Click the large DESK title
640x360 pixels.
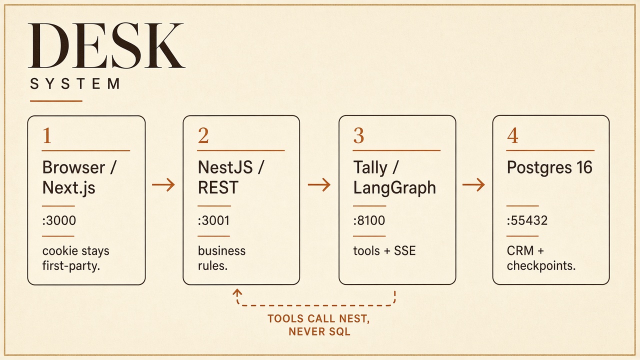click(x=106, y=45)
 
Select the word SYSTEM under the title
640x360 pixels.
click(x=75, y=84)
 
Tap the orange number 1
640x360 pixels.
click(x=47, y=135)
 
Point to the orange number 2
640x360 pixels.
click(x=203, y=135)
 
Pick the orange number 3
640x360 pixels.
click(x=358, y=135)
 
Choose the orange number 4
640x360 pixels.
click(x=512, y=135)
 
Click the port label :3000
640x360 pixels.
click(x=59, y=220)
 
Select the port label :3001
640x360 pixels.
click(x=213, y=220)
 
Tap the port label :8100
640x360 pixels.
click(x=369, y=220)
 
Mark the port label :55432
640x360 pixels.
click(x=527, y=220)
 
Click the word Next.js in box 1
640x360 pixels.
click(x=69, y=188)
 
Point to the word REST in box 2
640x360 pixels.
click(x=218, y=187)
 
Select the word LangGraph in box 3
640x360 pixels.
click(x=394, y=188)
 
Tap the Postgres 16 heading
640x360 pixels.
click(x=549, y=167)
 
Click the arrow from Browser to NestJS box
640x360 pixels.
click(x=163, y=185)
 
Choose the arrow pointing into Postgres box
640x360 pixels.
click(x=473, y=185)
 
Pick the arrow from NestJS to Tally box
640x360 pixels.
click(x=319, y=185)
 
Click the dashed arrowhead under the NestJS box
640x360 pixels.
click(x=237, y=292)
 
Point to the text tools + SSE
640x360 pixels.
click(x=384, y=251)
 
